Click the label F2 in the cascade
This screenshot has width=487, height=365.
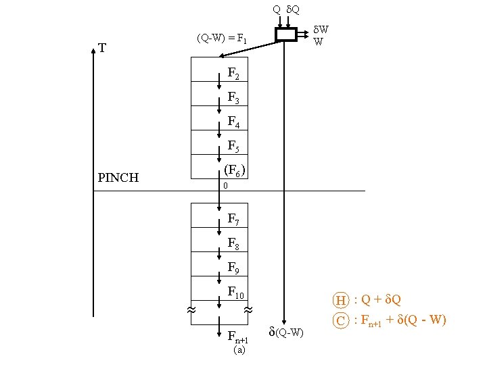(x=233, y=73)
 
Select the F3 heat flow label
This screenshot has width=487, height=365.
(x=233, y=98)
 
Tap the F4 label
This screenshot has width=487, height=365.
(x=233, y=122)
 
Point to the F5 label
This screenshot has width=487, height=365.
(x=233, y=146)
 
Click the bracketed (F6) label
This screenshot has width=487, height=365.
(x=234, y=170)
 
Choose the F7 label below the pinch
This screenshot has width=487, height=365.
(x=233, y=219)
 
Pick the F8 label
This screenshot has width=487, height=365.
(x=233, y=243)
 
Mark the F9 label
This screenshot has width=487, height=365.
(x=233, y=268)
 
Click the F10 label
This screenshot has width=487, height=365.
(x=235, y=293)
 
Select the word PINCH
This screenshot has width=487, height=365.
(x=118, y=178)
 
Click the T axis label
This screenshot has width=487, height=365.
(x=101, y=49)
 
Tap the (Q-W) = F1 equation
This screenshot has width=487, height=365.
(x=222, y=39)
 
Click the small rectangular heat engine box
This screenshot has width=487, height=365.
(x=286, y=34)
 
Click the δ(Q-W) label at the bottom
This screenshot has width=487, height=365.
(x=286, y=332)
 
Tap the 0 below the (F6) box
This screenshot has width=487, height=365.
(x=226, y=186)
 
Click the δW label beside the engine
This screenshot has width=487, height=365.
(x=321, y=30)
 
